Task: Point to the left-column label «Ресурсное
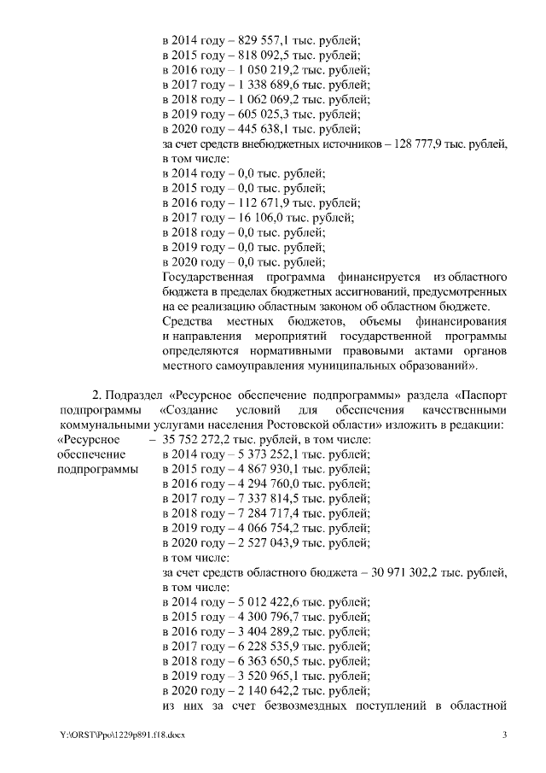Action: pos(88,439)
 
